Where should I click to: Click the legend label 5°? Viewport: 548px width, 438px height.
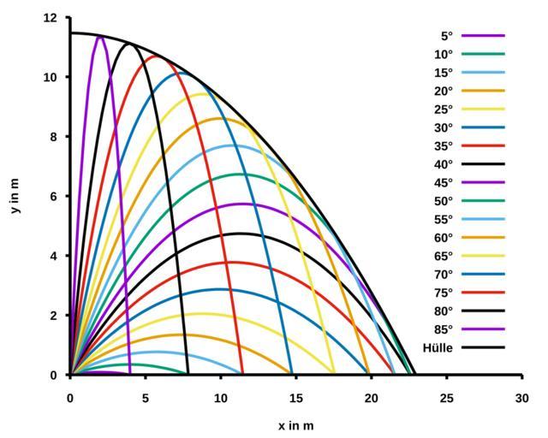(446, 36)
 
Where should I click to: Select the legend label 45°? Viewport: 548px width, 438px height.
(444, 182)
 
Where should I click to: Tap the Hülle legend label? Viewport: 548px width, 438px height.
(438, 347)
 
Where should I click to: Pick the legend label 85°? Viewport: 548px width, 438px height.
(444, 329)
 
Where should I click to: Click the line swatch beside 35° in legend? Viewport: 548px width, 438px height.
(483, 145)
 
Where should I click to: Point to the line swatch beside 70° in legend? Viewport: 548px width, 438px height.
(483, 275)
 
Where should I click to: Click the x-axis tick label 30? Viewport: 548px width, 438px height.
(521, 397)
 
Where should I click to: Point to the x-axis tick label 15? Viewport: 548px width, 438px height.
(295, 397)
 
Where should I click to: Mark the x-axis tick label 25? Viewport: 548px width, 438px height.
(446, 397)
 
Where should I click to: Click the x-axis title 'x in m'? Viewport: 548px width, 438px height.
(295, 425)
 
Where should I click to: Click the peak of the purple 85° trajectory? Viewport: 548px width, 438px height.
(101, 36)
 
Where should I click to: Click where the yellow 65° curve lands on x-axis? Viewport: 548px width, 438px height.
(334, 374)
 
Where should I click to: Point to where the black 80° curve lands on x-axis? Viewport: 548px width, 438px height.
(188, 374)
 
